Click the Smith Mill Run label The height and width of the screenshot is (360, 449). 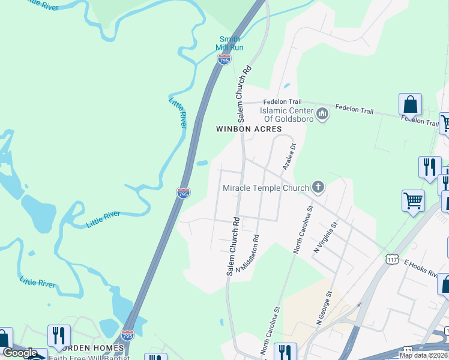click(x=231, y=43)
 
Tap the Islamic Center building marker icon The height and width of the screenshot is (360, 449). click(x=322, y=113)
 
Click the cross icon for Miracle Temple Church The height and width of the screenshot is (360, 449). click(x=318, y=188)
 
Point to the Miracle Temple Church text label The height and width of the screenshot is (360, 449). click(x=265, y=188)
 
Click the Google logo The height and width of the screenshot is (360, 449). click(x=20, y=353)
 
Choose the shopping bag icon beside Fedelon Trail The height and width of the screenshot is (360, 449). click(x=411, y=104)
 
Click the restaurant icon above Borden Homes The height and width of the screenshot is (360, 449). click(x=59, y=335)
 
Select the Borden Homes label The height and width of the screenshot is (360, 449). click(x=96, y=348)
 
